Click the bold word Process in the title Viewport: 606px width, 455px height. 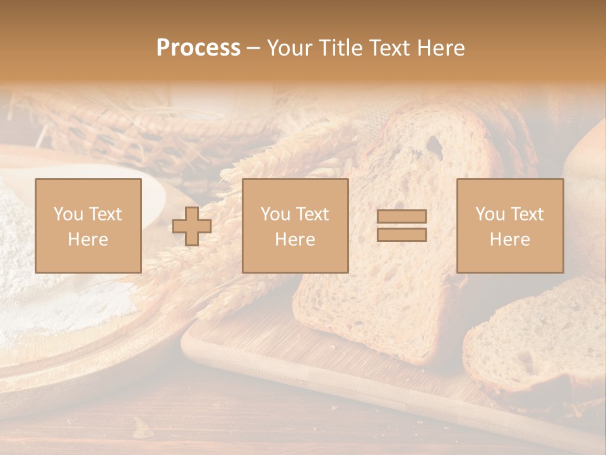[x=198, y=48]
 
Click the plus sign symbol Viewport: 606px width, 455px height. [x=192, y=226]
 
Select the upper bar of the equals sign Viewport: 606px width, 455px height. [x=401, y=216]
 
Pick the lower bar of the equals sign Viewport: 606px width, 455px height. [x=401, y=234]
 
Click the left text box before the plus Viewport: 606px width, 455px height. [x=88, y=226]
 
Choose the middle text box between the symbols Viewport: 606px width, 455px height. [x=295, y=226]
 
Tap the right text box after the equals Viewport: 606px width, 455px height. [x=509, y=226]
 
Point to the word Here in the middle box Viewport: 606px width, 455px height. [x=295, y=240]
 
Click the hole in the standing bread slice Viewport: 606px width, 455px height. [x=434, y=145]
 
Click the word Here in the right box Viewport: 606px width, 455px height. [x=509, y=240]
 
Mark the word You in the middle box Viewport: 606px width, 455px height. [x=275, y=214]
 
